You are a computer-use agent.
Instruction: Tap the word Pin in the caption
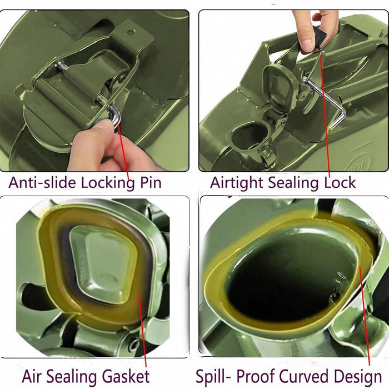point(149,182)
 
